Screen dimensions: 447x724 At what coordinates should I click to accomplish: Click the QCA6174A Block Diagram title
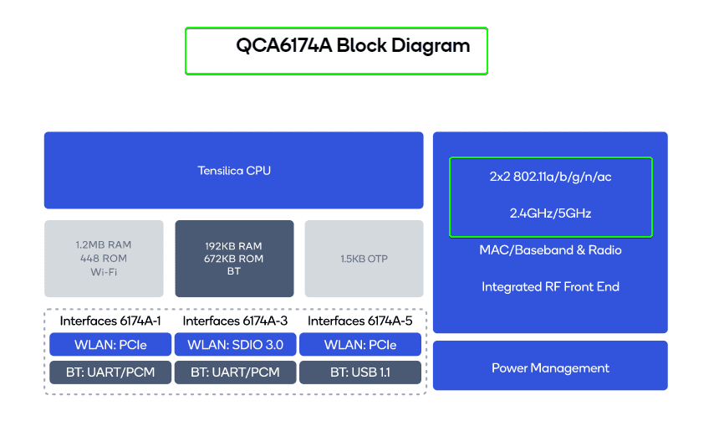352,46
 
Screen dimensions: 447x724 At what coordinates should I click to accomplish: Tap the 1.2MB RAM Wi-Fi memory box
104,258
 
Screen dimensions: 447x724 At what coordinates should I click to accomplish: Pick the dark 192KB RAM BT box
234,258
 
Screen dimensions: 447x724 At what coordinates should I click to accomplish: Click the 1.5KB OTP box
364,258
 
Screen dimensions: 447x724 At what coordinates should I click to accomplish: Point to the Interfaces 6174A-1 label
110,321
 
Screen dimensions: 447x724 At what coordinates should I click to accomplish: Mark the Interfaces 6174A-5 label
359,321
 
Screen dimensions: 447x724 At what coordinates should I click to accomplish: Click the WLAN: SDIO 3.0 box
235,345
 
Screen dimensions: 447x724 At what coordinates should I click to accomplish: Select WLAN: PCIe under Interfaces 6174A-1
110,345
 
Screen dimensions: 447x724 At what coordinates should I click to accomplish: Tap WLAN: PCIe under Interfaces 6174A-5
359,345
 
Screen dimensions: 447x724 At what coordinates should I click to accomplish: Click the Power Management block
550,367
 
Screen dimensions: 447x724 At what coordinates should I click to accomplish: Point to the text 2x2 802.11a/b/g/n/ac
550,177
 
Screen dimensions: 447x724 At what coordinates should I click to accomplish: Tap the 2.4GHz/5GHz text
550,213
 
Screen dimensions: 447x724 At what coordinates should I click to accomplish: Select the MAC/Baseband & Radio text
550,250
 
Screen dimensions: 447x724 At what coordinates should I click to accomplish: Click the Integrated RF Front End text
550,287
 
